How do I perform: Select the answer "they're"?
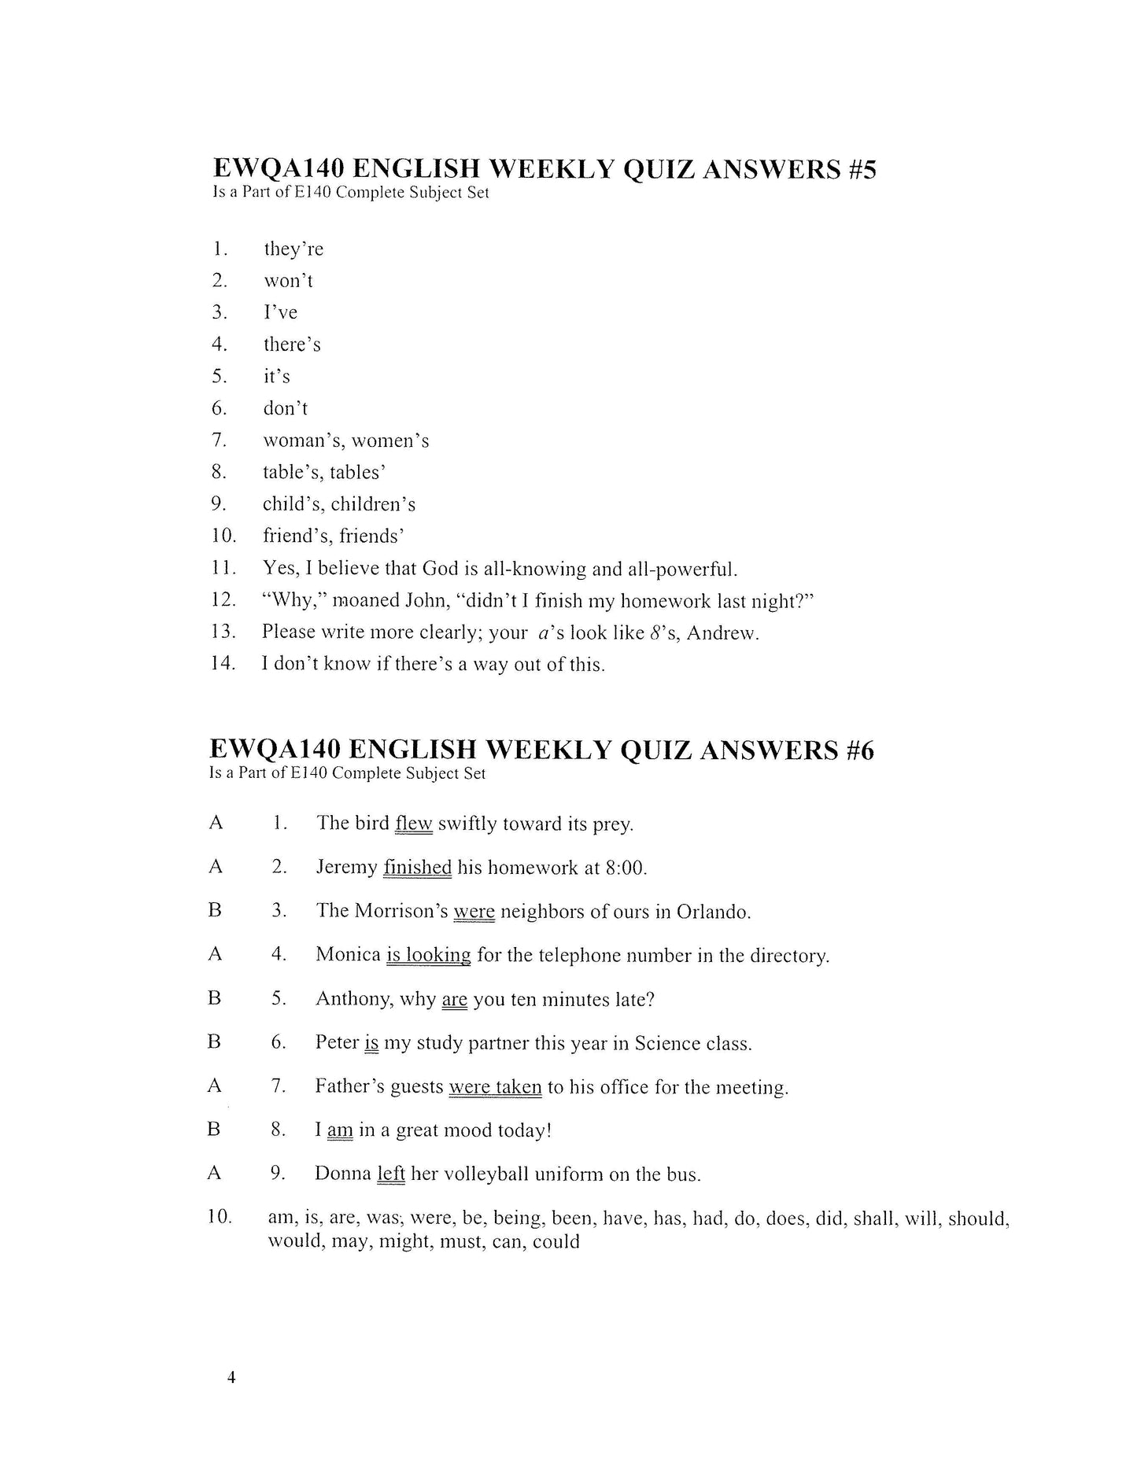293,249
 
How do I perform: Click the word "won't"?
288,281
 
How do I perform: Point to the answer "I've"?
280,312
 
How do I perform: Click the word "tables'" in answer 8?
357,473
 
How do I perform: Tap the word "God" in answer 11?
441,568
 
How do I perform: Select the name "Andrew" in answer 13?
722,632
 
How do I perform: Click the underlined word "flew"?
414,824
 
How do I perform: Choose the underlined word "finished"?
417,868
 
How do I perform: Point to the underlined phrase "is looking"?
428,955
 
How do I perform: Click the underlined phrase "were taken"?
495,1087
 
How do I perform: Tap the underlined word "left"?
391,1174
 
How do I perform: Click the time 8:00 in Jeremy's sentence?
625,868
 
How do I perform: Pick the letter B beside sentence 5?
215,998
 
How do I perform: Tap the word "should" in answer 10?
978,1218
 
